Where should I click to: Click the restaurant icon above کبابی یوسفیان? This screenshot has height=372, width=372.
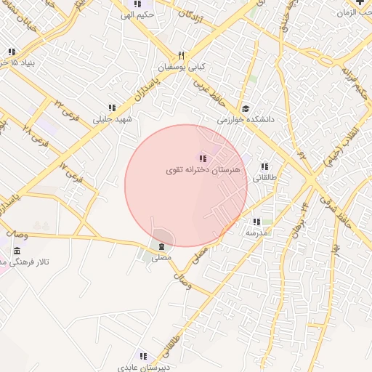[182, 55]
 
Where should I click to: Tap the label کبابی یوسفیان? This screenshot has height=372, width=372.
[187, 66]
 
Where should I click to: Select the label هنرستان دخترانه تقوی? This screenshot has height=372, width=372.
[195, 169]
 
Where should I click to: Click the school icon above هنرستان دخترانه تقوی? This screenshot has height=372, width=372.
[203, 158]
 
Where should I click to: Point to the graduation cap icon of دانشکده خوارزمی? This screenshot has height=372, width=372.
[246, 109]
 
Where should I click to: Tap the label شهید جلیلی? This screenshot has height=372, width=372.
[111, 118]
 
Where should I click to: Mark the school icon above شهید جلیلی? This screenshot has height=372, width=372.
[111, 108]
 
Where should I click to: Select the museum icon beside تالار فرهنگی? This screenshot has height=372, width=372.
[16, 251]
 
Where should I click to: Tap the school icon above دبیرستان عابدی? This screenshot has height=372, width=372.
[143, 356]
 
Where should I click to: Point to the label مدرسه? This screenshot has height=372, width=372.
[256, 232]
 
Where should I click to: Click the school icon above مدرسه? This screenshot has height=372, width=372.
[256, 222]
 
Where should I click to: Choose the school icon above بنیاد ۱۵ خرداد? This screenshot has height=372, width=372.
[12, 52]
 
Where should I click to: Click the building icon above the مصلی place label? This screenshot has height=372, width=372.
[161, 247]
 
